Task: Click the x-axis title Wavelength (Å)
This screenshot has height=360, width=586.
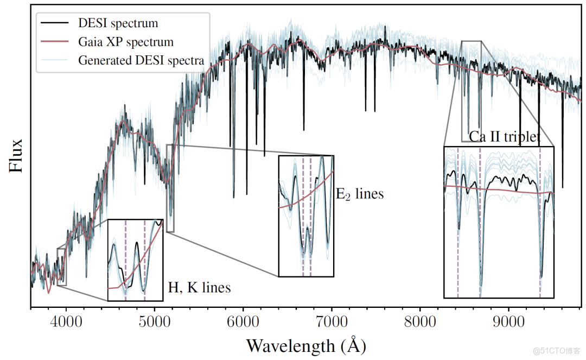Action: [x=306, y=345]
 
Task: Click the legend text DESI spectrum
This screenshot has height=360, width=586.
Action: [x=118, y=23]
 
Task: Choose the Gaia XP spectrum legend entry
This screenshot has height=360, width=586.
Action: [x=125, y=42]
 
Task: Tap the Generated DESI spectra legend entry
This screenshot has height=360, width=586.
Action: [x=141, y=60]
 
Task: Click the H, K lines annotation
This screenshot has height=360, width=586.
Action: [x=199, y=287]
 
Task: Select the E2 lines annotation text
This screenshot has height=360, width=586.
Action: [x=359, y=194]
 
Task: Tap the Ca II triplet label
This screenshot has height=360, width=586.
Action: [x=505, y=137]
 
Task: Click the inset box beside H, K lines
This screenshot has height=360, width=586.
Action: [x=135, y=260]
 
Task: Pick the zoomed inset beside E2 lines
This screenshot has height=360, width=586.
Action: [x=306, y=216]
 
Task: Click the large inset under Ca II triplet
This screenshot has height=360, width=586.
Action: [x=499, y=222]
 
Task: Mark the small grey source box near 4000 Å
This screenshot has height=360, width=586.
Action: [x=61, y=267]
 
